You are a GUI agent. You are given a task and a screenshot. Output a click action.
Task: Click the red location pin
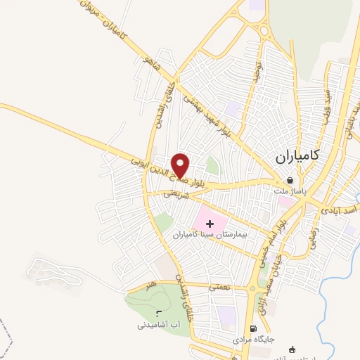pyautogui.click(x=180, y=166)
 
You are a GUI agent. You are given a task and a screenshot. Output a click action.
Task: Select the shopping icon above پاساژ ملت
pyautogui.click(x=290, y=180)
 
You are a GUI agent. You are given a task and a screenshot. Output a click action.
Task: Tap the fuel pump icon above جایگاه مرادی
pyautogui.click(x=253, y=328)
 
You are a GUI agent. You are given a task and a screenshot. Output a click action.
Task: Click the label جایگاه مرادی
pyautogui.click(x=253, y=339)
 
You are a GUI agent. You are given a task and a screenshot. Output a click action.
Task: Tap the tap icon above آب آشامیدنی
pyautogui.click(x=157, y=311)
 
